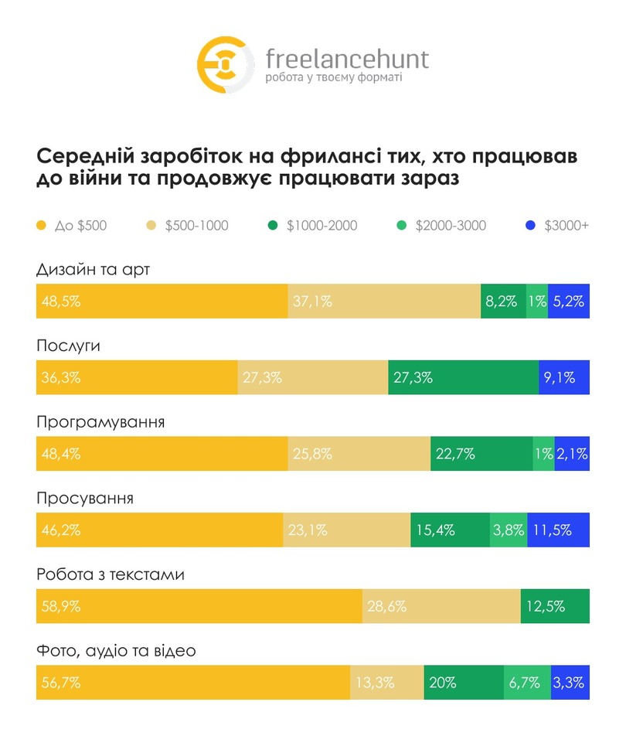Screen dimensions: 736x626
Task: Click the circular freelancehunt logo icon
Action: click(x=225, y=65)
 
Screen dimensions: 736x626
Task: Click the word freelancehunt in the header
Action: click(x=346, y=59)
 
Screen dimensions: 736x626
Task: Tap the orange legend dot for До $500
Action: click(x=42, y=226)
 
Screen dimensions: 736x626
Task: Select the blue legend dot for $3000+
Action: click(x=530, y=226)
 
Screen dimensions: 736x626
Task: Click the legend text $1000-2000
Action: click(x=322, y=226)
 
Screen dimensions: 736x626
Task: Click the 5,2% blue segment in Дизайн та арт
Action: click(x=569, y=302)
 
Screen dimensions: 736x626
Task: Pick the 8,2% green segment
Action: click(x=502, y=302)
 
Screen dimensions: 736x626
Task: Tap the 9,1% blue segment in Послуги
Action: click(x=564, y=377)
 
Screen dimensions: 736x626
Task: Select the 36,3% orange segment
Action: click(x=137, y=377)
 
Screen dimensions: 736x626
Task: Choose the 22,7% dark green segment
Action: click(x=481, y=454)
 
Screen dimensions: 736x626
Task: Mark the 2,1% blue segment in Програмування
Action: click(x=572, y=454)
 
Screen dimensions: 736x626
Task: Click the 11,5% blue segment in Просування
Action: click(x=559, y=530)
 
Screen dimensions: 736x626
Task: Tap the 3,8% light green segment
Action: click(x=509, y=530)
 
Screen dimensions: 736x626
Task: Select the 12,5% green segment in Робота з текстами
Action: click(x=556, y=606)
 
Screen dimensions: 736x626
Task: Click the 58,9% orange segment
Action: click(x=199, y=606)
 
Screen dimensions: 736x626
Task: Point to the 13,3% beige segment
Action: click(x=387, y=682)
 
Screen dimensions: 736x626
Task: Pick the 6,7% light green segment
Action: click(x=527, y=682)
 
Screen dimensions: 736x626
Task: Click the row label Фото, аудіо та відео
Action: click(x=116, y=651)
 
